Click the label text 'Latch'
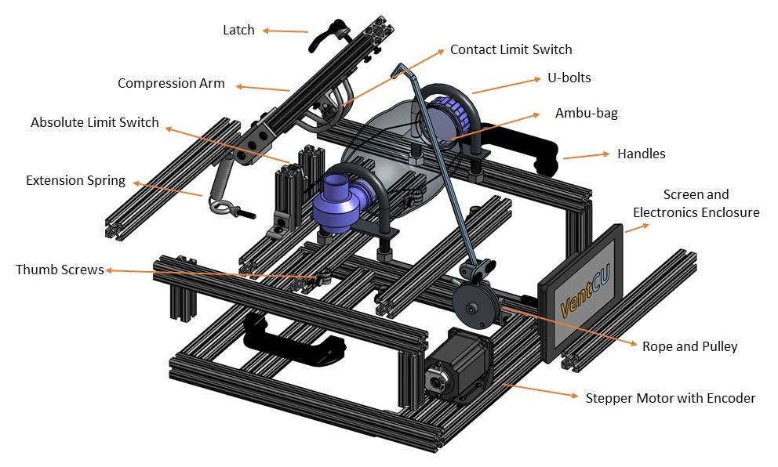point(238,30)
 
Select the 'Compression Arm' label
point(171,83)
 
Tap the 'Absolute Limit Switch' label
point(95,122)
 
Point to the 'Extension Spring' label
point(75,180)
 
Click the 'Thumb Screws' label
point(60,270)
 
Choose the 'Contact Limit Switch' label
point(511,49)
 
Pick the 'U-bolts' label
point(569,78)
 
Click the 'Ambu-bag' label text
point(587,113)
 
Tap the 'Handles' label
point(641,154)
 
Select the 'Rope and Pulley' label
point(689,346)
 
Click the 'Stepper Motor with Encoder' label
point(671,398)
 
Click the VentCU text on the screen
point(579,291)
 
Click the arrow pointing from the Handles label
point(583,155)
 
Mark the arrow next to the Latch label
point(285,31)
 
